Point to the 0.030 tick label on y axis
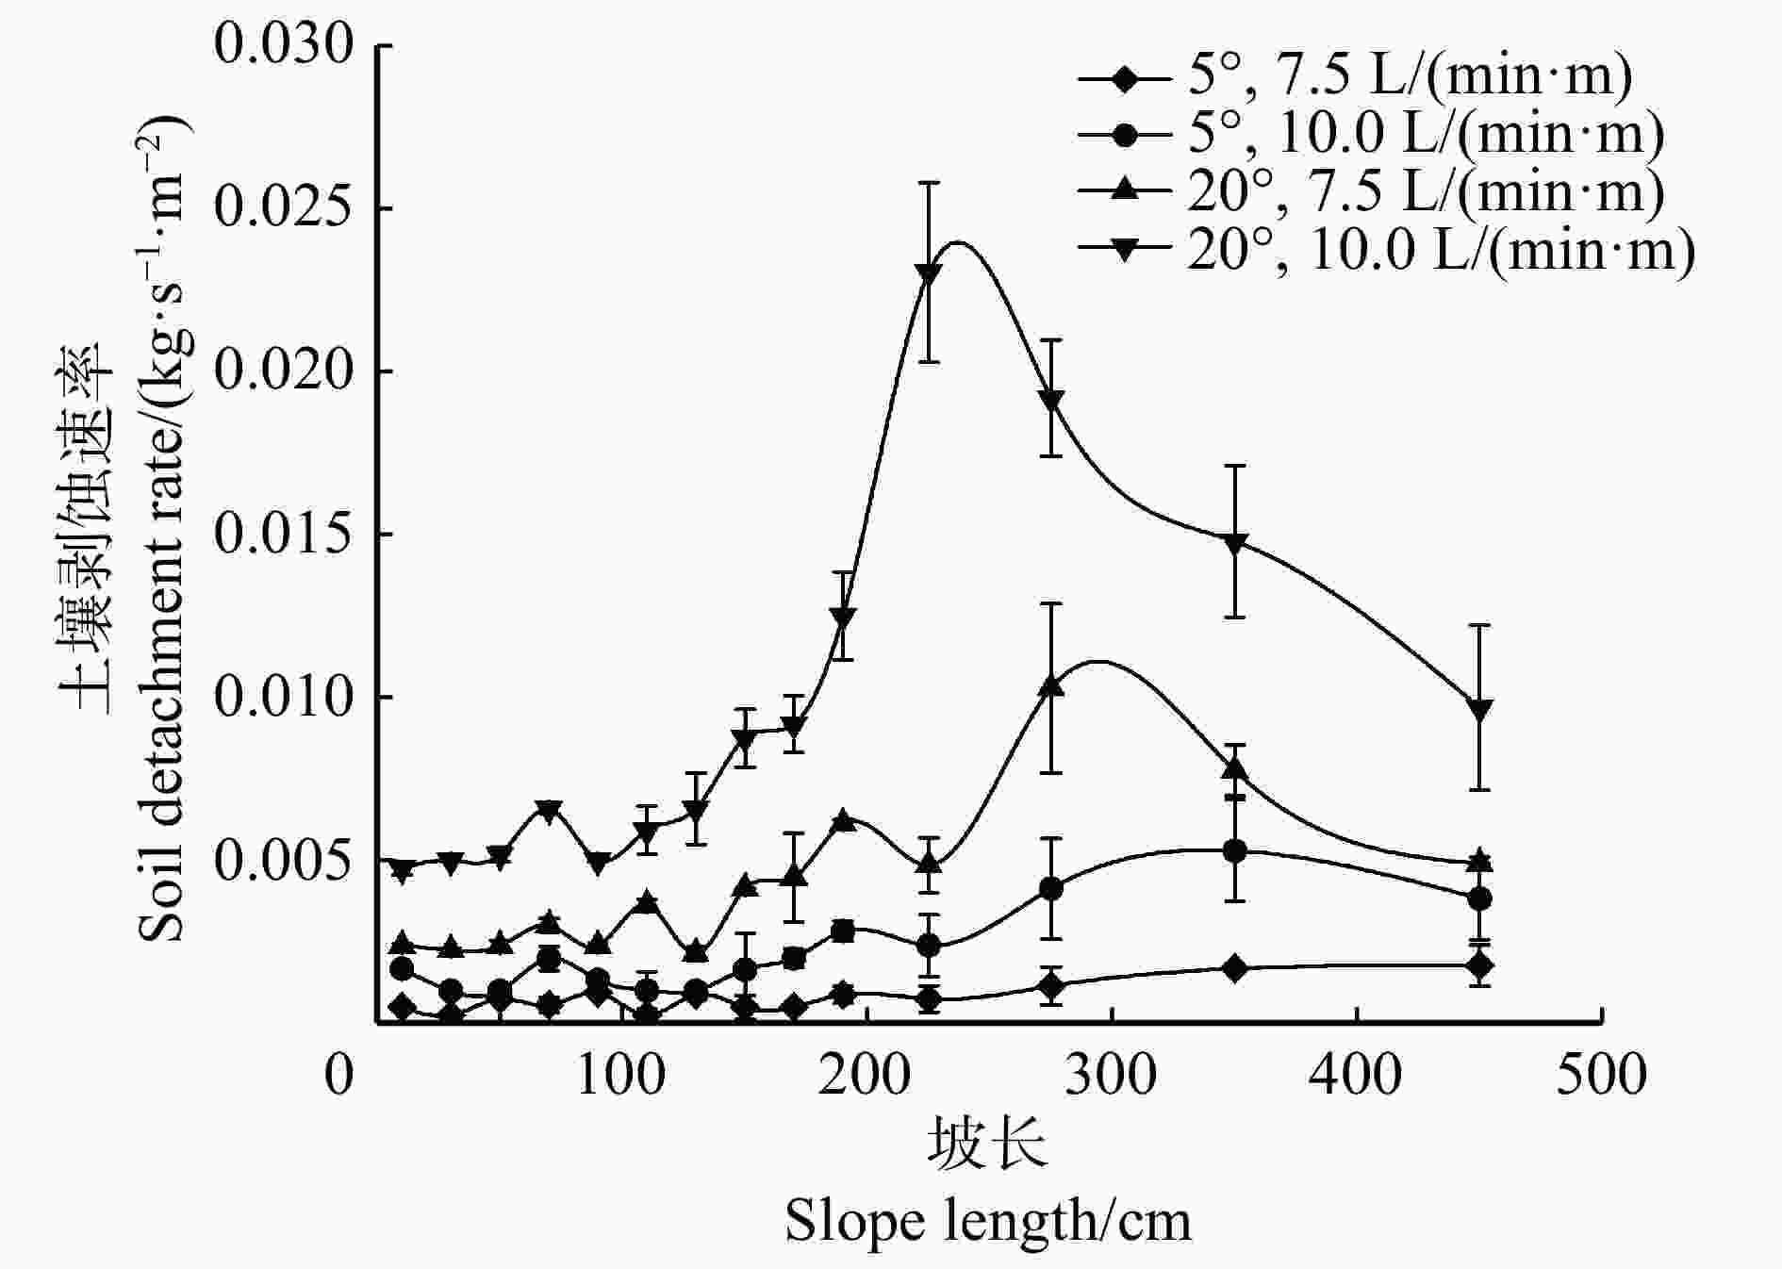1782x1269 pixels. pyautogui.click(x=283, y=45)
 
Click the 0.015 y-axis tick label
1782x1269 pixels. pyautogui.click(x=283, y=535)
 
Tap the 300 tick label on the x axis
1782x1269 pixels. pyautogui.click(x=1111, y=1076)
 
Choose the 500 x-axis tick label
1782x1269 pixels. pyautogui.click(x=1600, y=1076)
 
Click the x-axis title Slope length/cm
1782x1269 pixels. pyautogui.click(x=987, y=1222)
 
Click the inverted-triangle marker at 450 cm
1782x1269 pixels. pyautogui.click(x=1479, y=710)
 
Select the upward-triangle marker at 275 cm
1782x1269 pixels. pyautogui.click(x=1051, y=686)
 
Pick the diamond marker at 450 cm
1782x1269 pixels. pyautogui.click(x=1479, y=965)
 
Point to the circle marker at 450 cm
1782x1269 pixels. pyautogui.click(x=1479, y=898)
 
